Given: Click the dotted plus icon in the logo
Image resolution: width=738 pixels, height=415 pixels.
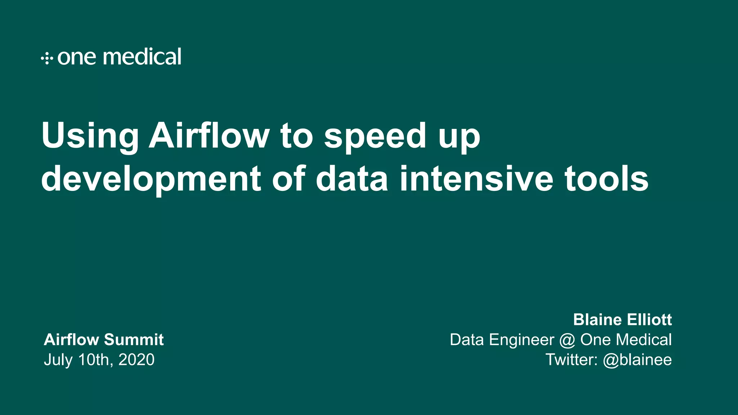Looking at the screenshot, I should [47, 58].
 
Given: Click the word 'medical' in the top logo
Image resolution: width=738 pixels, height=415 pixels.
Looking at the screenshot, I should [142, 57].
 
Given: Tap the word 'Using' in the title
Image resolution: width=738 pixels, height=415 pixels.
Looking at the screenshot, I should [90, 136].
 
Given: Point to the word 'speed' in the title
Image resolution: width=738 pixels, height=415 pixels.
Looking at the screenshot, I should [375, 136].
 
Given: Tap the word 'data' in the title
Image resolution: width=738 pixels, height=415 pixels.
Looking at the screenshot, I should [352, 178].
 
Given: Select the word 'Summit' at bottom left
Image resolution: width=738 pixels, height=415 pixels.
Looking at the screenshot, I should [134, 340].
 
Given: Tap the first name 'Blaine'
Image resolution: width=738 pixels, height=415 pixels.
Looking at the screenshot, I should [597, 320].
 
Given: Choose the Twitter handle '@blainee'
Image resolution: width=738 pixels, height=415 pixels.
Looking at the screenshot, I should [637, 360].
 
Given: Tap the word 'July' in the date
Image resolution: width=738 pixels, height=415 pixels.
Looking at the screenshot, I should [58, 360].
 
